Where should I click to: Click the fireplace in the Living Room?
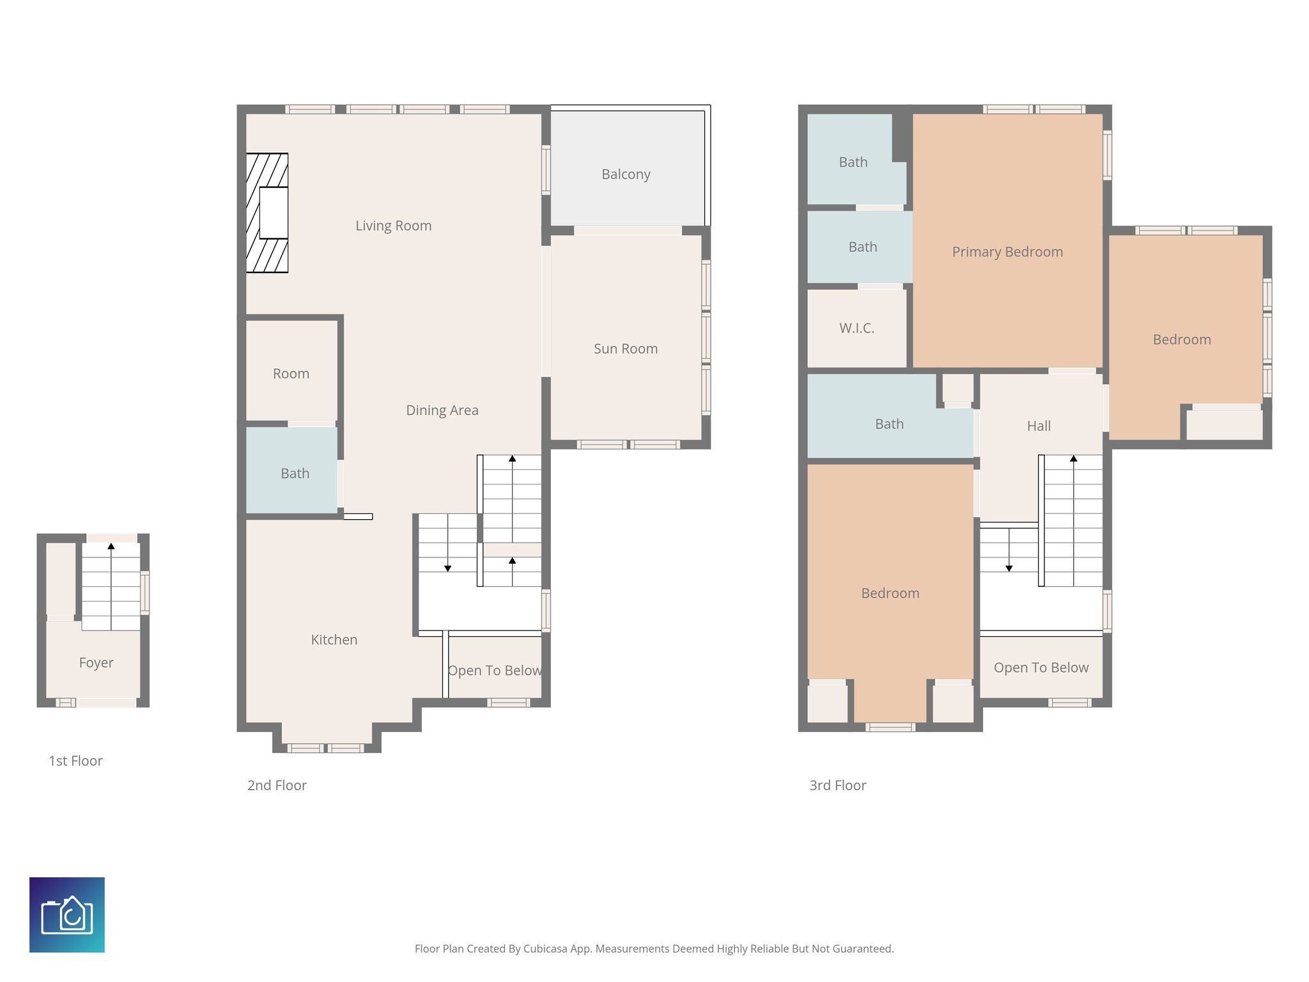click(267, 213)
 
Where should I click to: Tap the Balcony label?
click(626, 175)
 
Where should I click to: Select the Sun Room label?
click(625, 349)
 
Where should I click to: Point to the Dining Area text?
click(442, 410)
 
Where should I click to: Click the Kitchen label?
click(334, 640)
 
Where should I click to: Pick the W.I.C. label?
click(856, 329)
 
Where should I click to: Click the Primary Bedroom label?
click(1007, 253)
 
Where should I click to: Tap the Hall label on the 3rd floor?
click(1039, 426)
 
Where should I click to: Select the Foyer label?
click(96, 663)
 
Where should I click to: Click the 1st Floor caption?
click(75, 761)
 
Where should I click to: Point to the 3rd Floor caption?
click(837, 786)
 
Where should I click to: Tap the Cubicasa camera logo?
click(67, 915)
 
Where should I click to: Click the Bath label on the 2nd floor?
click(295, 474)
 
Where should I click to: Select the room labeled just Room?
click(291, 374)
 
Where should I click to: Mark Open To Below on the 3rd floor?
click(1041, 668)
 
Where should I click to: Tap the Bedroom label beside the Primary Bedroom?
click(1181, 340)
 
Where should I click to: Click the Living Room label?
click(393, 226)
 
